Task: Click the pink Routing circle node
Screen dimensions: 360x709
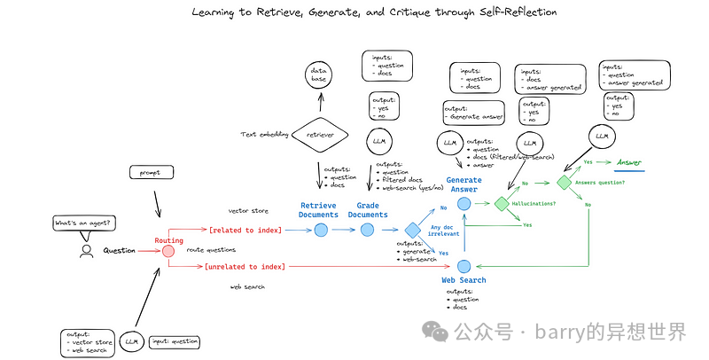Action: [x=168, y=251]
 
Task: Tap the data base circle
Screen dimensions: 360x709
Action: [x=318, y=74]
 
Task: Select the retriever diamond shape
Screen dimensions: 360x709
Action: [x=319, y=134]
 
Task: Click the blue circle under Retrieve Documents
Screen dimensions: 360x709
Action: [x=321, y=231]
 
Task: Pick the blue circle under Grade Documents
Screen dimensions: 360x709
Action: [x=368, y=231]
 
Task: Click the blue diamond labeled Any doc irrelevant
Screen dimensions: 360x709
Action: [x=412, y=231]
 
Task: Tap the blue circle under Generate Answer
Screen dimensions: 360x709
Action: [x=464, y=204]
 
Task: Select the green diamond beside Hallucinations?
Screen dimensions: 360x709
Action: [x=503, y=204]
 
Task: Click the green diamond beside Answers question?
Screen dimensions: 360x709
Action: [x=564, y=182]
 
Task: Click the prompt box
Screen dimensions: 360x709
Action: [x=148, y=172]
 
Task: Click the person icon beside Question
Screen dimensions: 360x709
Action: [x=86, y=251]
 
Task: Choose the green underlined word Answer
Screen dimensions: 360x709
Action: [x=629, y=162]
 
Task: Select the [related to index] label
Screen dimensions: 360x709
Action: [x=244, y=231]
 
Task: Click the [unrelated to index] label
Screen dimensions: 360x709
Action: [x=244, y=265]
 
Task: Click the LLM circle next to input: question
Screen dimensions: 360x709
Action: [x=132, y=340]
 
